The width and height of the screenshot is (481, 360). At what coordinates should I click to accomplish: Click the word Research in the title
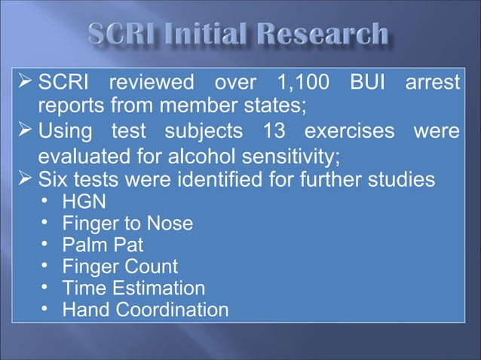326,35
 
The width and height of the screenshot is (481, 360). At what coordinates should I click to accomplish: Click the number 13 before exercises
277,132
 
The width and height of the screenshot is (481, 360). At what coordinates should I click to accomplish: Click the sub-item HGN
84,202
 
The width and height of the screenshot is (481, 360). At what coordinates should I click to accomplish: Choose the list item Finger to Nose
127,224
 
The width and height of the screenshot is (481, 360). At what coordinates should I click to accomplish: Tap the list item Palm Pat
102,245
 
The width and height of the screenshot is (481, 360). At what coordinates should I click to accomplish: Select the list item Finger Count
120,267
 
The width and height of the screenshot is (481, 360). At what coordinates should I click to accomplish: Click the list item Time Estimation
133,288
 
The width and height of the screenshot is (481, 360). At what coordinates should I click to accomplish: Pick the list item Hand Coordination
145,310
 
